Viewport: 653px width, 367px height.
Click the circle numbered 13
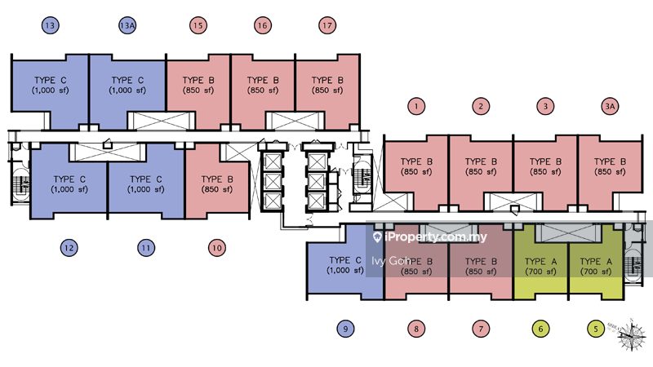pos(51,26)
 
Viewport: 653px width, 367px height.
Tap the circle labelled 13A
pos(127,26)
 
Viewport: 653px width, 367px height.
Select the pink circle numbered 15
pos(198,26)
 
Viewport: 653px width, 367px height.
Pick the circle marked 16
pos(262,26)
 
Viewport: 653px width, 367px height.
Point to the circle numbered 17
pos(327,26)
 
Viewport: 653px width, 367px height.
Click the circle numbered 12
pos(69,247)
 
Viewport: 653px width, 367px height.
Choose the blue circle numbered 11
pos(146,247)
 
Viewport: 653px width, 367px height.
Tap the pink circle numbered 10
pos(216,247)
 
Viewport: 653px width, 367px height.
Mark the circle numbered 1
pos(416,106)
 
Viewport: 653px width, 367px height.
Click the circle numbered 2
pos(482,106)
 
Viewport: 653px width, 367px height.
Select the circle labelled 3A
pos(609,106)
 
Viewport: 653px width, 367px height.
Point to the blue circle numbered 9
pos(345,329)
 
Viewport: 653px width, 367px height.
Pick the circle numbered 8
pos(416,329)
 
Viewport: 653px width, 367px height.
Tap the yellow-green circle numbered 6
pos(540,329)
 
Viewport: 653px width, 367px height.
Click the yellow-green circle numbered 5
pos(597,329)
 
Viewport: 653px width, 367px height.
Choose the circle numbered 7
pos(482,329)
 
